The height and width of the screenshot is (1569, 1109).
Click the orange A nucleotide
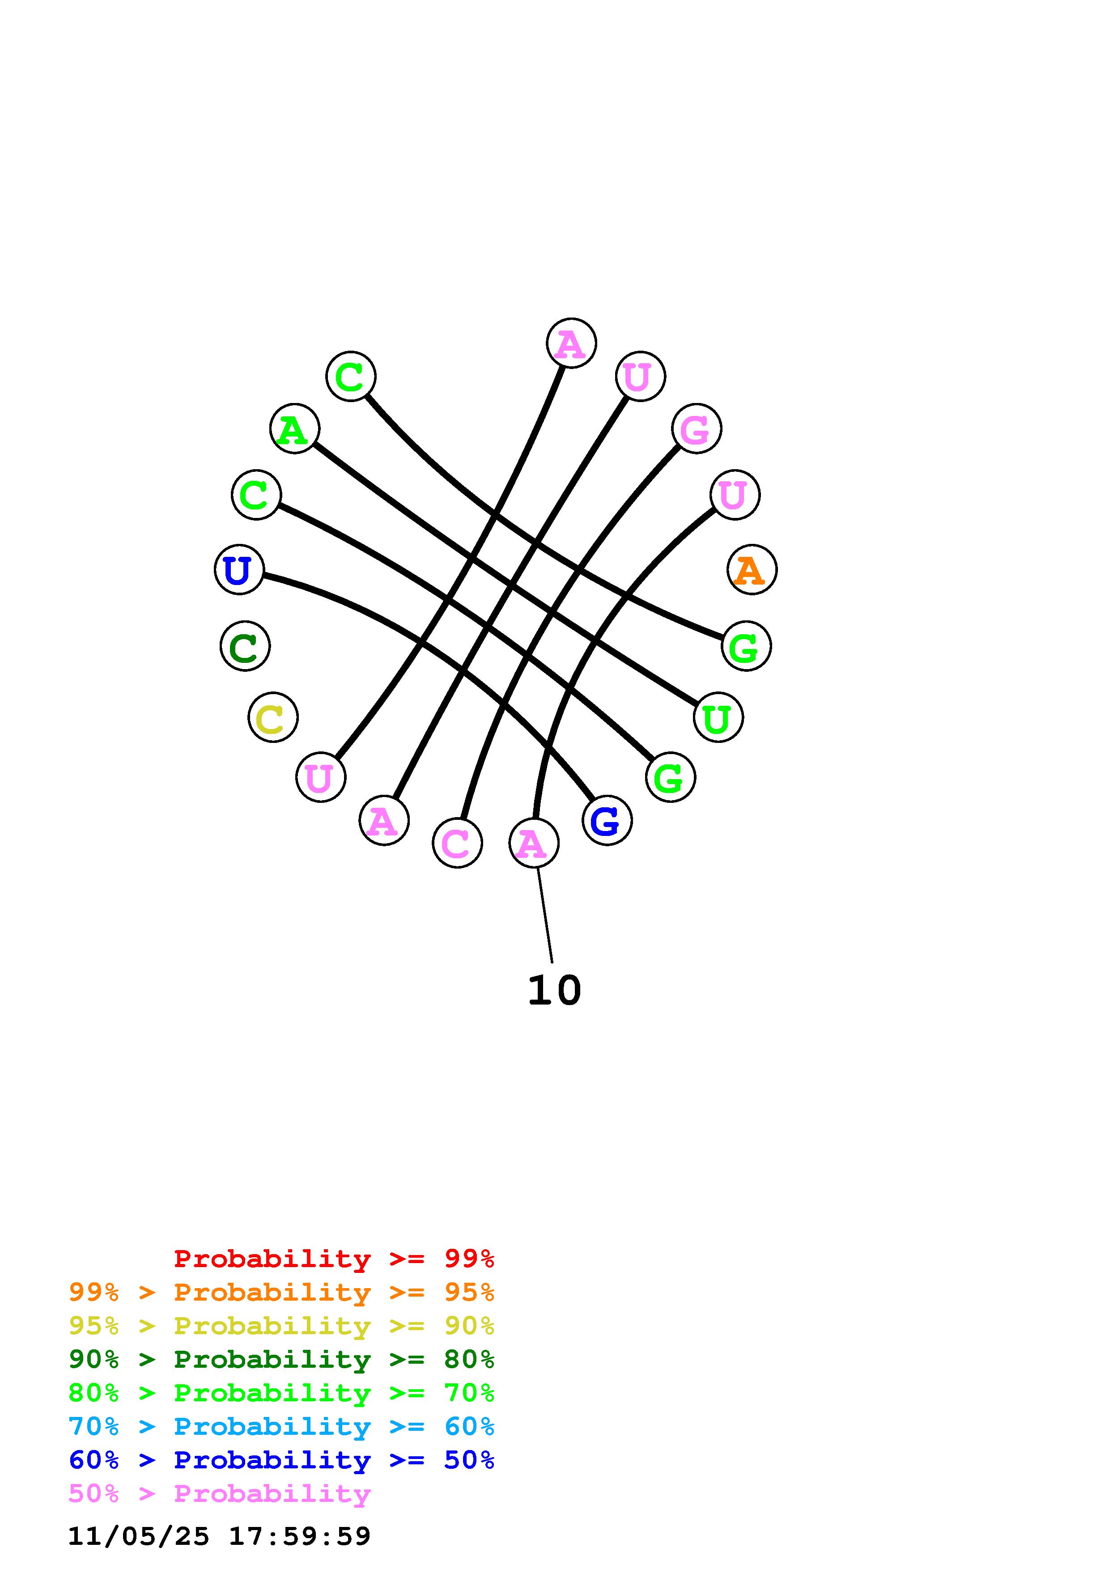(752, 569)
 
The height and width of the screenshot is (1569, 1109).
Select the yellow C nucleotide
(272, 717)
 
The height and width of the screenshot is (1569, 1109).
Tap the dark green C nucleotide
(245, 646)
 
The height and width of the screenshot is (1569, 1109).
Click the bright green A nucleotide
(294, 428)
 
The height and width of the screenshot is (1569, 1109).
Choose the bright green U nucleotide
(718, 717)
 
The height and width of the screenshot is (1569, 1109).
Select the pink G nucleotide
(696, 428)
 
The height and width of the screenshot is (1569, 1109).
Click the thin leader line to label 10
(544, 916)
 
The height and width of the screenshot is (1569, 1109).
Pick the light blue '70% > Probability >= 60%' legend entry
(281, 1426)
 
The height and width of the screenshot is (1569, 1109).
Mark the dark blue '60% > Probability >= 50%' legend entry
(281, 1460)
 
